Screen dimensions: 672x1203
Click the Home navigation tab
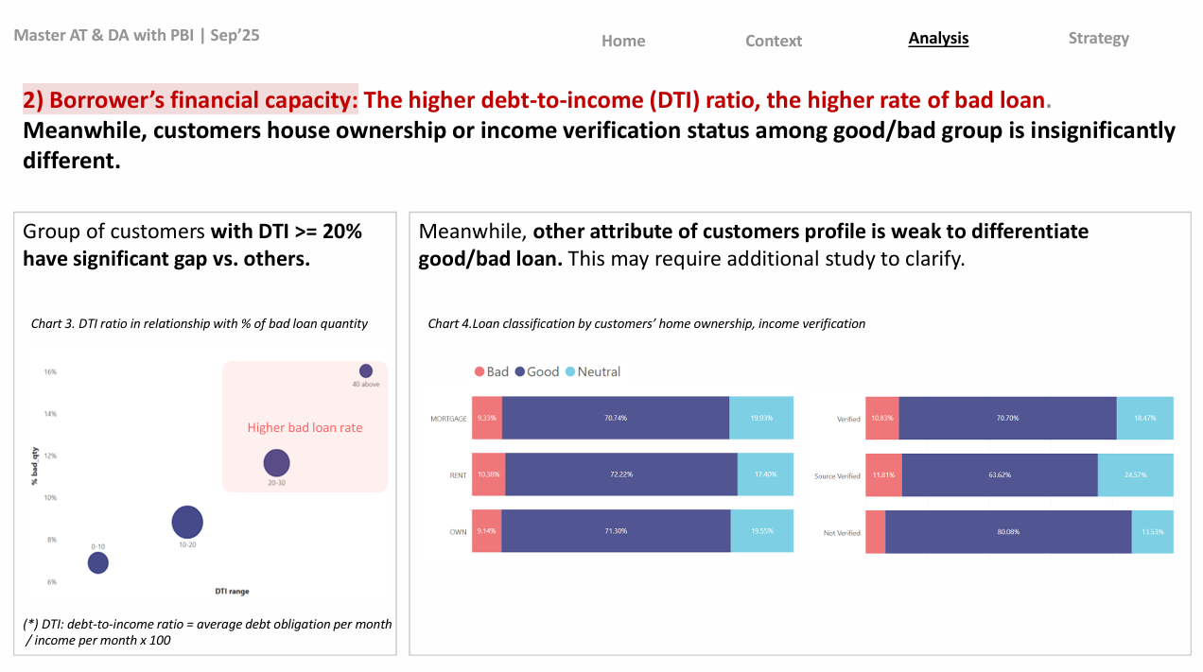(x=623, y=41)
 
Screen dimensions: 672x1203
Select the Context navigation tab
(x=773, y=41)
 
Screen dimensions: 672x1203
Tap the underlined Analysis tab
(x=938, y=38)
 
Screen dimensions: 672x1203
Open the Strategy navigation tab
(x=1098, y=38)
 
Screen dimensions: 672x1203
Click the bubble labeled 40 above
(x=366, y=371)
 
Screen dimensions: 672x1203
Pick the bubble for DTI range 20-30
(x=276, y=463)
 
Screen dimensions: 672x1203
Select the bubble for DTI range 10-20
(x=187, y=522)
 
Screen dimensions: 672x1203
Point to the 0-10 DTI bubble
(x=98, y=563)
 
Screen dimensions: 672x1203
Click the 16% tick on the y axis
(x=50, y=371)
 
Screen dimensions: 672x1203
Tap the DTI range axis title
(x=232, y=592)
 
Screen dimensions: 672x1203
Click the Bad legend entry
(x=492, y=371)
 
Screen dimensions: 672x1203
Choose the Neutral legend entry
(x=592, y=371)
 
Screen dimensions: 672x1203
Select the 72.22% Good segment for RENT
(x=620, y=474)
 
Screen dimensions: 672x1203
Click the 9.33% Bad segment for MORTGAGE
(x=487, y=418)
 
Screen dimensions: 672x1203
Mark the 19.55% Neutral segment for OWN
(x=761, y=531)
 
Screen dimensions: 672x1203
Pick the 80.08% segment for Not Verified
(x=1008, y=532)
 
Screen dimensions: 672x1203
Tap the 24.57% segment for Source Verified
(x=1135, y=475)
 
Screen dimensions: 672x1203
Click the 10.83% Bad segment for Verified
(x=881, y=418)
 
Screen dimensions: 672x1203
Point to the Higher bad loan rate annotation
(x=305, y=427)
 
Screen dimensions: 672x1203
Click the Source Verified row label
(x=837, y=476)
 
